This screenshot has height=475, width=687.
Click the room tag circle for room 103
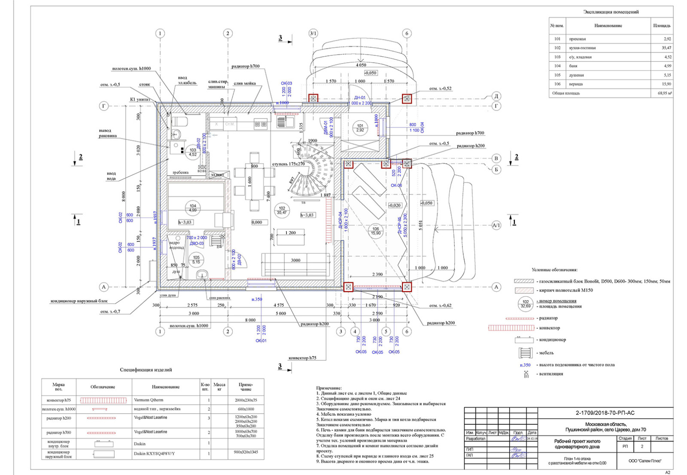[x=193, y=152]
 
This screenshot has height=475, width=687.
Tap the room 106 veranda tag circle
[x=376, y=231]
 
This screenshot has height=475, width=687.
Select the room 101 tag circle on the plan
[x=360, y=128]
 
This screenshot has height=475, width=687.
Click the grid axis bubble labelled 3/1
[x=313, y=33]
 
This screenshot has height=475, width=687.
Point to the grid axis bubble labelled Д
[x=496, y=96]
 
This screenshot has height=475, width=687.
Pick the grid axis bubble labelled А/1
[x=496, y=225]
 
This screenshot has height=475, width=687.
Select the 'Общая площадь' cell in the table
[x=566, y=93]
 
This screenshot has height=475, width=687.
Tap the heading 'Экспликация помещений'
[x=611, y=12]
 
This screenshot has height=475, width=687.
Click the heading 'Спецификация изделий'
[x=146, y=369]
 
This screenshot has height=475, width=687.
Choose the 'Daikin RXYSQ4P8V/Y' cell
[x=154, y=454]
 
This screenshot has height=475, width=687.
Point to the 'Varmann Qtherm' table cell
[x=148, y=400]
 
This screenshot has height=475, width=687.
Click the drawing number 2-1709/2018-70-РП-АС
[x=605, y=413]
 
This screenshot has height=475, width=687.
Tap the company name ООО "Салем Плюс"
[x=644, y=461]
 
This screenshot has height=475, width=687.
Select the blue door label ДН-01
[x=359, y=97]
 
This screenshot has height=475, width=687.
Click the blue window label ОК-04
[x=422, y=127]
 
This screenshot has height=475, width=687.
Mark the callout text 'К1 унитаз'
[x=140, y=99]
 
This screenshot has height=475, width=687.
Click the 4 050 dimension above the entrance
[x=361, y=65]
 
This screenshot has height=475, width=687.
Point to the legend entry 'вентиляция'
[x=551, y=374]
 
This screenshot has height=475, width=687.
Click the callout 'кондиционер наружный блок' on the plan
[x=79, y=301]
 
